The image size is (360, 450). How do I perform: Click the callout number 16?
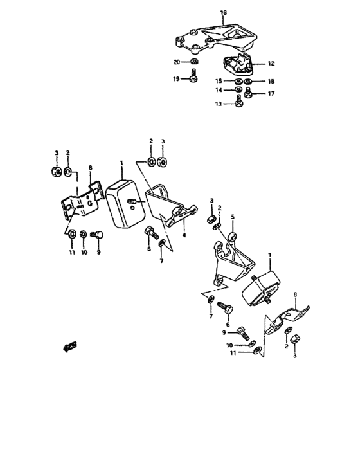pyautogui.click(x=223, y=12)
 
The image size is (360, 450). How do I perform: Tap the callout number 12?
pyautogui.click(x=271, y=64)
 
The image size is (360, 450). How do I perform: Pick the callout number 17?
pyautogui.click(x=271, y=93)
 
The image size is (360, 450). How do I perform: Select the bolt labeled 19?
pyautogui.click(x=192, y=78)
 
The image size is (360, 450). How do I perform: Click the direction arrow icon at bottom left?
pyautogui.click(x=69, y=348)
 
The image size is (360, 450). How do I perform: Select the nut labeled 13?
pyautogui.click(x=239, y=101)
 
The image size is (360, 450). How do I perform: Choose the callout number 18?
pyautogui.click(x=271, y=82)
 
